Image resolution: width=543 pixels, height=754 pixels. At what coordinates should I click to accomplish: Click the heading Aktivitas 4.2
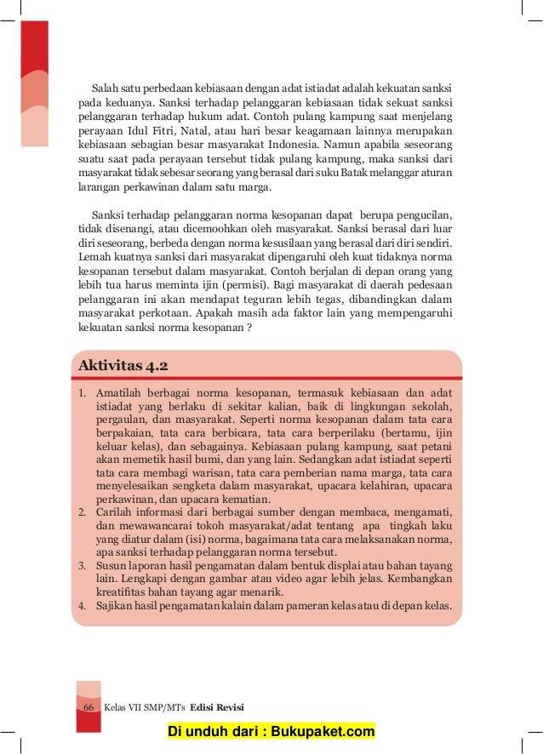(x=123, y=367)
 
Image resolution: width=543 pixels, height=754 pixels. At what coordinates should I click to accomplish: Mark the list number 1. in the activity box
(x=83, y=395)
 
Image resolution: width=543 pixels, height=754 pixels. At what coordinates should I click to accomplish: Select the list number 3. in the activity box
(x=83, y=566)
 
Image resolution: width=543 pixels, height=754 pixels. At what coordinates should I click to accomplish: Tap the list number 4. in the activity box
(x=83, y=607)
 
